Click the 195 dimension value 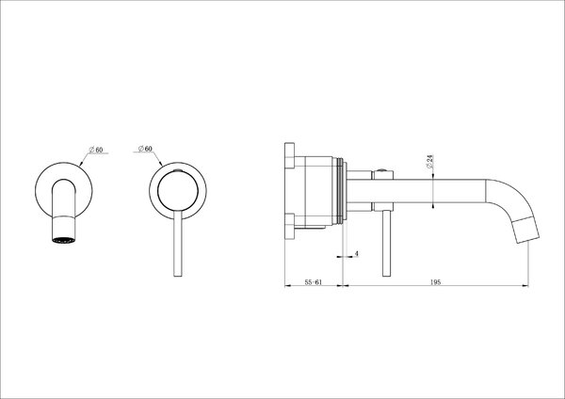(x=436, y=282)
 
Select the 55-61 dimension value (x=314, y=282)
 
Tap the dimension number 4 (x=356, y=254)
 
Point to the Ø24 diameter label (x=429, y=162)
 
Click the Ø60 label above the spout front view (x=96, y=150)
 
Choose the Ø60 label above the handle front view (x=145, y=149)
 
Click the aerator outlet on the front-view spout (x=64, y=240)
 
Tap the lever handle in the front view (x=178, y=244)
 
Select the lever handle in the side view (x=387, y=244)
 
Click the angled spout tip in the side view (x=526, y=231)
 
